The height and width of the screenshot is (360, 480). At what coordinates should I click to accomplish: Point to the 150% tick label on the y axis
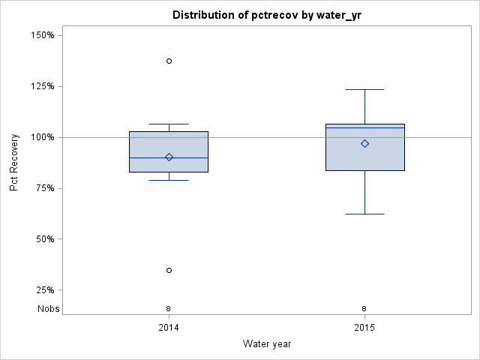point(47,35)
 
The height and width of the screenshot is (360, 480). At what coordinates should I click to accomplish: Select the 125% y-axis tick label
point(47,86)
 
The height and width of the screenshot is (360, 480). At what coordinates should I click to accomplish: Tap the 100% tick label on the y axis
point(47,137)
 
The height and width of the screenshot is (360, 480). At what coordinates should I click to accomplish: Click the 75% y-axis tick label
point(49,188)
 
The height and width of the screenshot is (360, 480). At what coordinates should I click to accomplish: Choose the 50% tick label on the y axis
point(49,239)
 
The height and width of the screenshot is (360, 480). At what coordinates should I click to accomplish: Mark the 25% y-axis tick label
point(49,290)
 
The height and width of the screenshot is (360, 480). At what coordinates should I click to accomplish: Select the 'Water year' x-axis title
point(266,343)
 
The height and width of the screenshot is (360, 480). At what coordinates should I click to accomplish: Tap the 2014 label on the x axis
point(169,328)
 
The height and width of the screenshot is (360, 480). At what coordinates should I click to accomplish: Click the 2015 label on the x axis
point(364,328)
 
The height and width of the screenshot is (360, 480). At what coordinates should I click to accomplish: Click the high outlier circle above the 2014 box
point(169,61)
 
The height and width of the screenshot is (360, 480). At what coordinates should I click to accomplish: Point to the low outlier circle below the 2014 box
point(169,270)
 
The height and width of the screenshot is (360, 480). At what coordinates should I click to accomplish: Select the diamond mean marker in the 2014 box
point(169,157)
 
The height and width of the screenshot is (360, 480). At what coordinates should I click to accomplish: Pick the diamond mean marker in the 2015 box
point(364,143)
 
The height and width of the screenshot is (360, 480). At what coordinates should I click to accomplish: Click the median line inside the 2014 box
point(187,157)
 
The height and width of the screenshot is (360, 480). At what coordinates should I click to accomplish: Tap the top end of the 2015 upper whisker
point(364,89)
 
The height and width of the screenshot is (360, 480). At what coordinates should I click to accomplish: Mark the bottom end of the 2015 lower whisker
point(364,214)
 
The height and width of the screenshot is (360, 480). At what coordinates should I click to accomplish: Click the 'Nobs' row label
point(49,309)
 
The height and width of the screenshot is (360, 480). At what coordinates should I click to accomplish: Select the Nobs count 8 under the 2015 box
point(364,309)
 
